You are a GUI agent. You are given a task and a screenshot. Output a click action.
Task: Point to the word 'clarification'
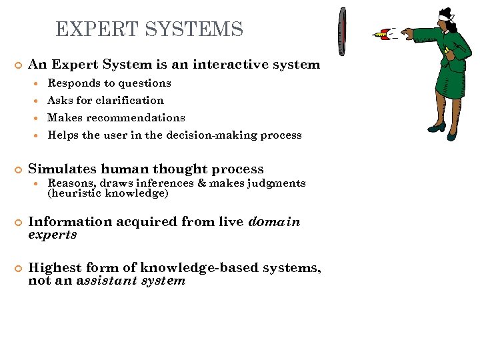(129, 101)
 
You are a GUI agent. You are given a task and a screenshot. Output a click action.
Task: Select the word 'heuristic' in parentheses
(75, 193)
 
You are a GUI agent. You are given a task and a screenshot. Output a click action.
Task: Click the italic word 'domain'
(274, 222)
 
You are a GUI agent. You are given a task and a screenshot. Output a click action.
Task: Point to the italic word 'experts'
(52, 235)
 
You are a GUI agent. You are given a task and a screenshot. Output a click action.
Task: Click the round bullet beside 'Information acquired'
(19, 223)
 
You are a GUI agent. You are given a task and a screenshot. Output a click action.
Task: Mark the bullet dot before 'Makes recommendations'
(40, 118)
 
